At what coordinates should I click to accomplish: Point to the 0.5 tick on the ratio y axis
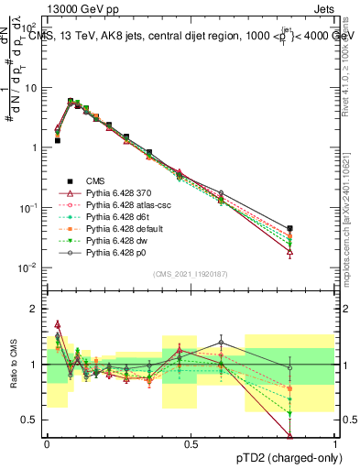tap(34, 420)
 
